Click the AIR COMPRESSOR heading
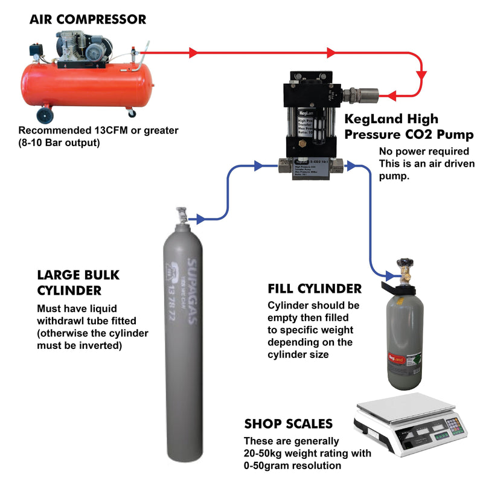88,19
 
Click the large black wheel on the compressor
44,114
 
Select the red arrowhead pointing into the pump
391,95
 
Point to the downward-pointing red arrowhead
421,75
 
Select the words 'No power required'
415,152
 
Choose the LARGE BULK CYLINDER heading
78,283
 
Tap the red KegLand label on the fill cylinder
395,357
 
